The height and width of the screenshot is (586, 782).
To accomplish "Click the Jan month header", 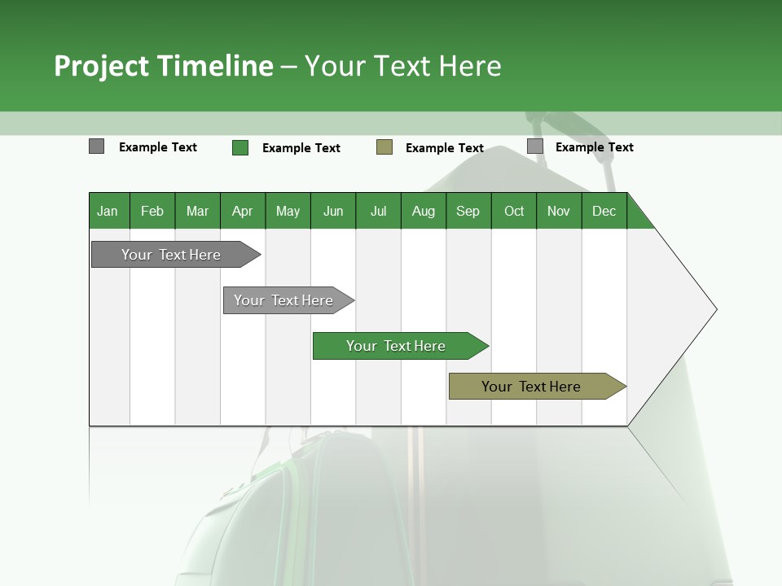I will point(108,211).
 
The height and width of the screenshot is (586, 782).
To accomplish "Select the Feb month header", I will point(152,211).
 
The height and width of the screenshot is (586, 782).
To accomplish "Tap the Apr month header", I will point(242,211).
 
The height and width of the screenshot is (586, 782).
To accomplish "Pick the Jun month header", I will point(333,211).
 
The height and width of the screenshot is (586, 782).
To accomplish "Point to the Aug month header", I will point(423,211).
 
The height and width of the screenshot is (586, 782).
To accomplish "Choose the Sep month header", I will point(468,211).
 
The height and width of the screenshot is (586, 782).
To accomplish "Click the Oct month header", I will point(514,211).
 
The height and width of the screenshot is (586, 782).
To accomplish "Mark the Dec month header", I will point(604,211).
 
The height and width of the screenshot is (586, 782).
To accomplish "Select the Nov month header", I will point(559,211).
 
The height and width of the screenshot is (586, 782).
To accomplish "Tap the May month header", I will point(288,211).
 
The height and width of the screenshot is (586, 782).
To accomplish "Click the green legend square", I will point(240,147).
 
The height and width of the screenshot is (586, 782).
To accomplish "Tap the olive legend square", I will point(384,146).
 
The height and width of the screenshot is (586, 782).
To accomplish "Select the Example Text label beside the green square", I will point(301,148).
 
